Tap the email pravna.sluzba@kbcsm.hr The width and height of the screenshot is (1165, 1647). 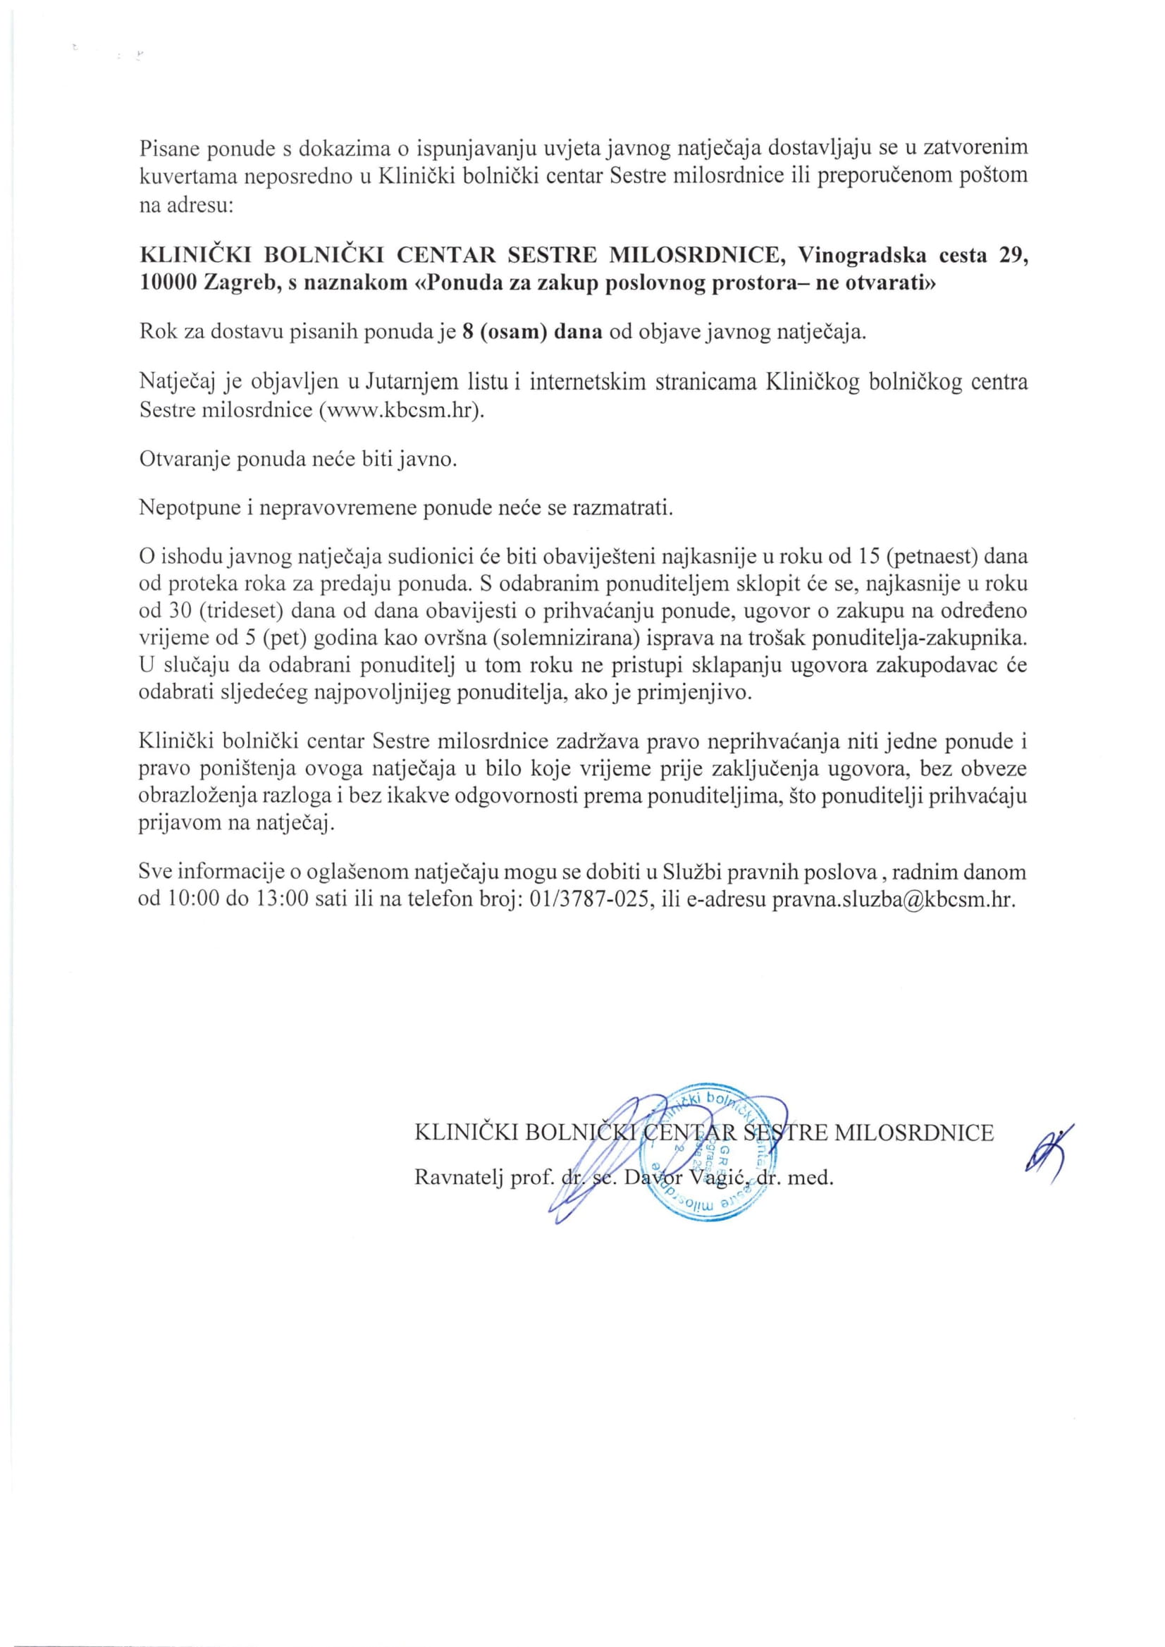coord(893,900)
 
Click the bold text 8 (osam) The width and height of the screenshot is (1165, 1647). coord(502,334)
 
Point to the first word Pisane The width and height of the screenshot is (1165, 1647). coord(168,149)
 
